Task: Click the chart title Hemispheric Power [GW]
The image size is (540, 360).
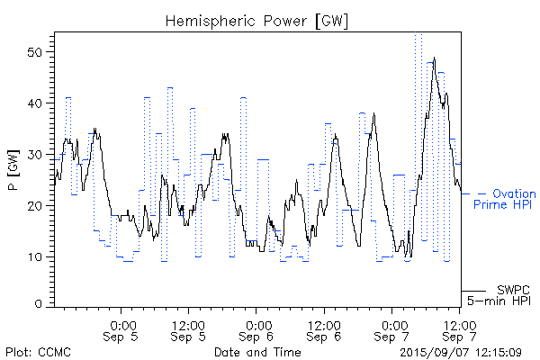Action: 256,20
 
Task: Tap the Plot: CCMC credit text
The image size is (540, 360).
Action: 38,351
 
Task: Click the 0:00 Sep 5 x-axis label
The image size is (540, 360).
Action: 122,330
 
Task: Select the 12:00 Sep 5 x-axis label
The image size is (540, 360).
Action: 190,330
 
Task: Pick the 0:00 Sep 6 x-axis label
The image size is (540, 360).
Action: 257,330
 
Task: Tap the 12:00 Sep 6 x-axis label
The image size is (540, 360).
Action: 325,330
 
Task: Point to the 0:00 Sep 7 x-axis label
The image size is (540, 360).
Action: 392,330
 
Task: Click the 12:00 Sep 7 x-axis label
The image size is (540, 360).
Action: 460,330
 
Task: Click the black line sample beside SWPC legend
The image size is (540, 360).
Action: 473,291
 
